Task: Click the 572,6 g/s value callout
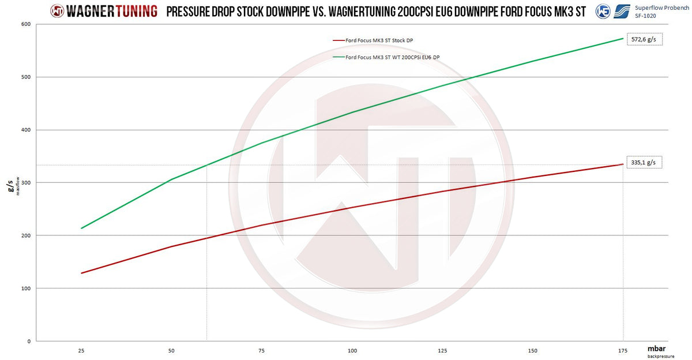point(645,39)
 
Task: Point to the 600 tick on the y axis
point(27,24)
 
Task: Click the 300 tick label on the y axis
point(27,183)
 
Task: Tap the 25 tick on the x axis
point(81,351)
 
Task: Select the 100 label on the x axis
point(352,351)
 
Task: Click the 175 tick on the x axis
point(623,351)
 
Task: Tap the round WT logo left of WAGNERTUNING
point(58,10)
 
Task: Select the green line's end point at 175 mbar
point(623,39)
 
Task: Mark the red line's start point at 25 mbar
point(81,273)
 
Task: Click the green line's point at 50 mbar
point(172,179)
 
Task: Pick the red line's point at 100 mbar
point(352,207)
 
